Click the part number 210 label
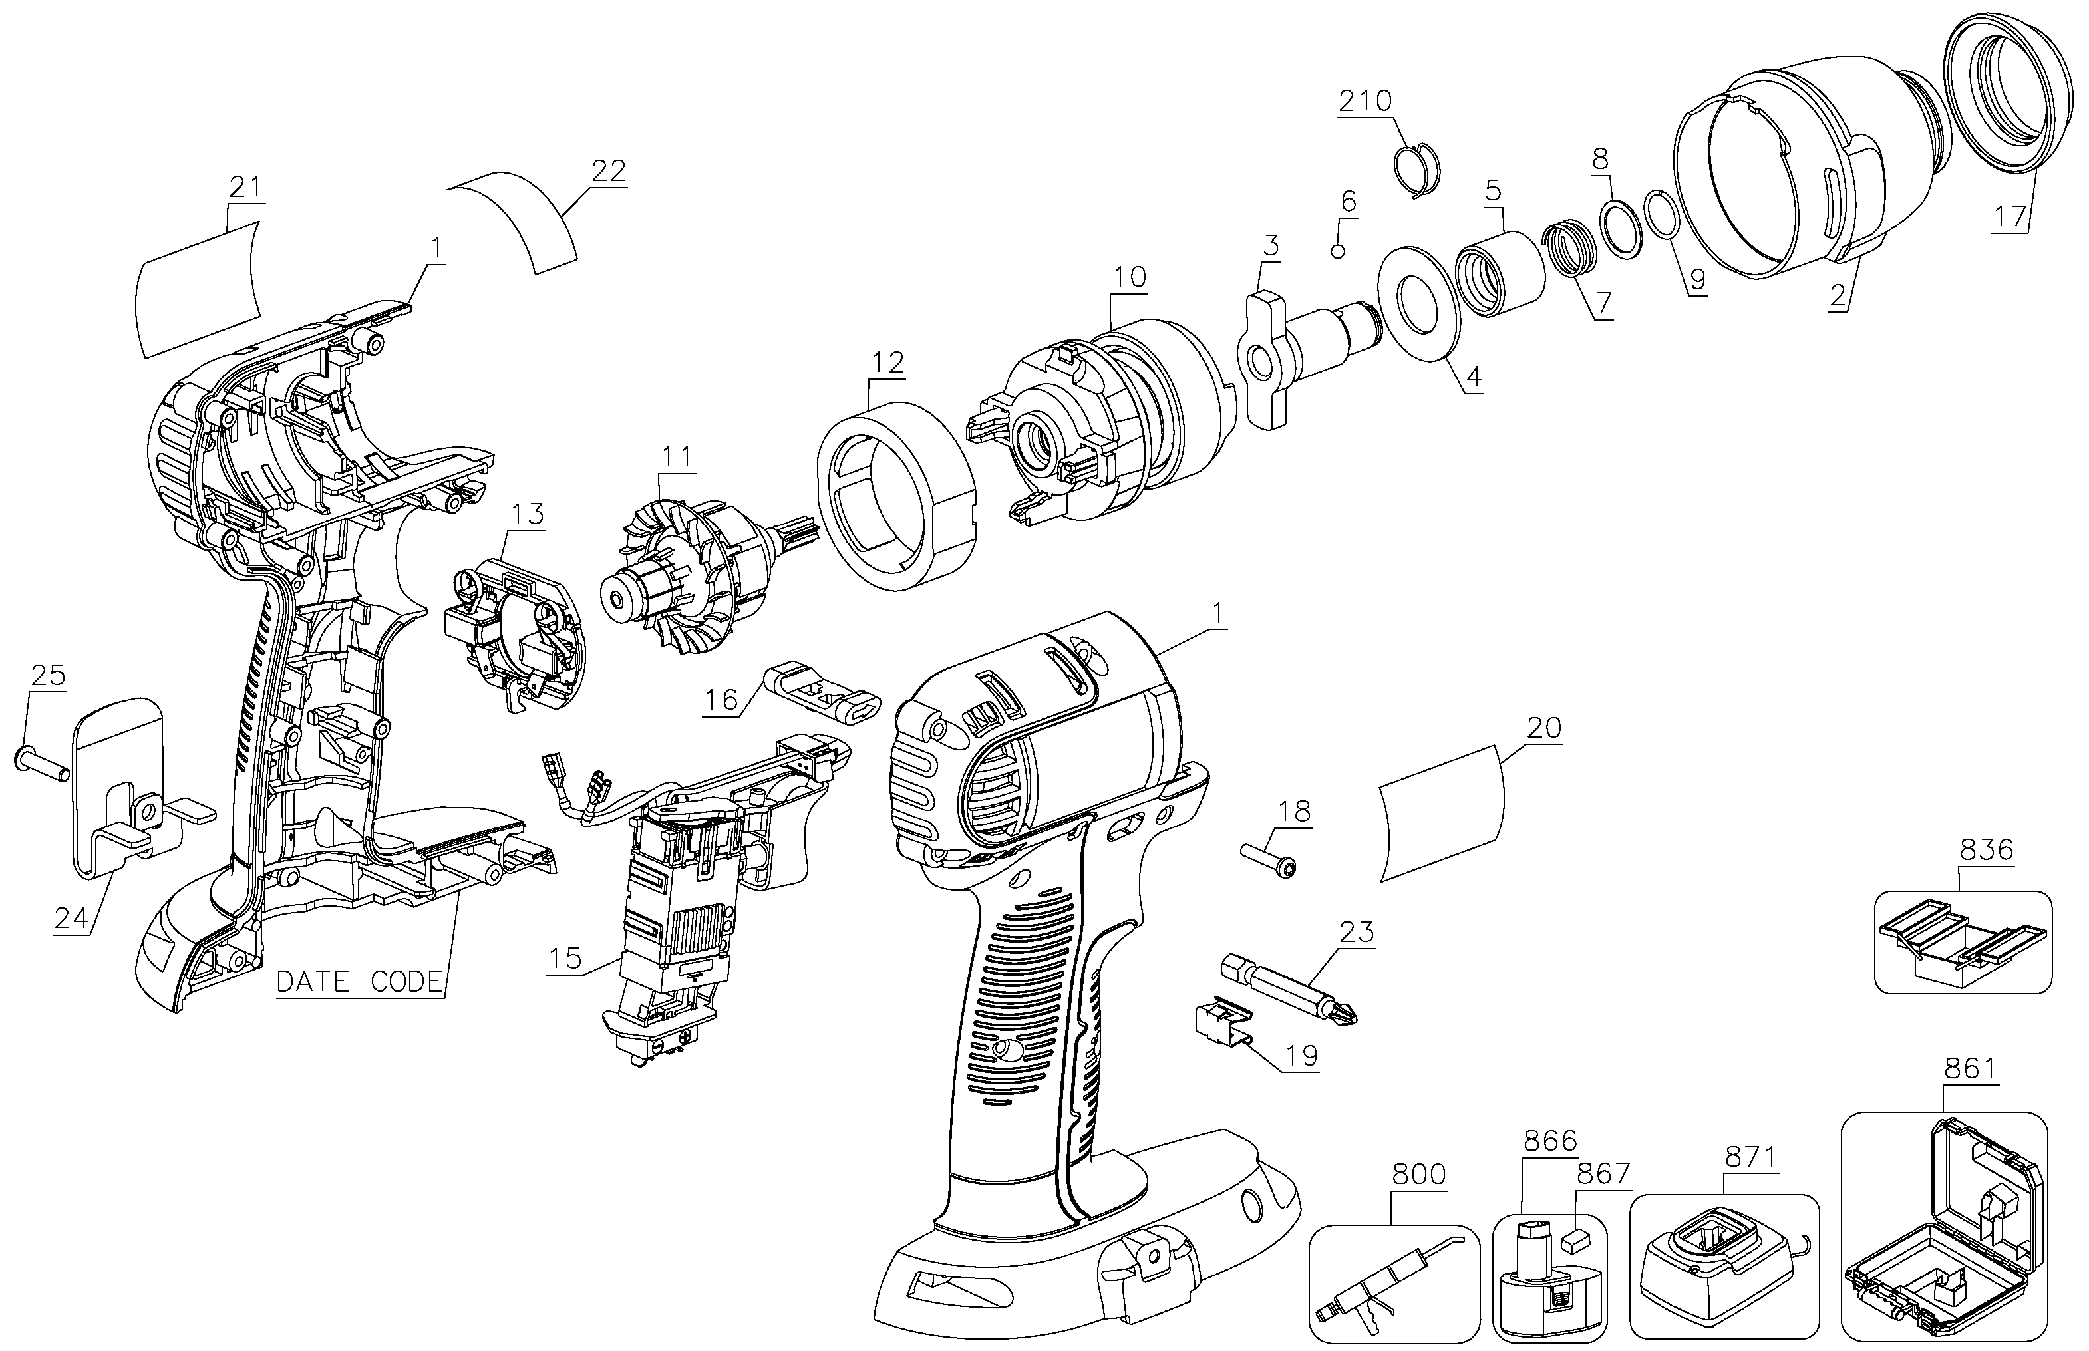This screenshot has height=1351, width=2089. pyautogui.click(x=1365, y=102)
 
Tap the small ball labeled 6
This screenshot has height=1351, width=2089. pyautogui.click(x=1338, y=251)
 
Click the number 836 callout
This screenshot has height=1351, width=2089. pyautogui.click(x=1987, y=849)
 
